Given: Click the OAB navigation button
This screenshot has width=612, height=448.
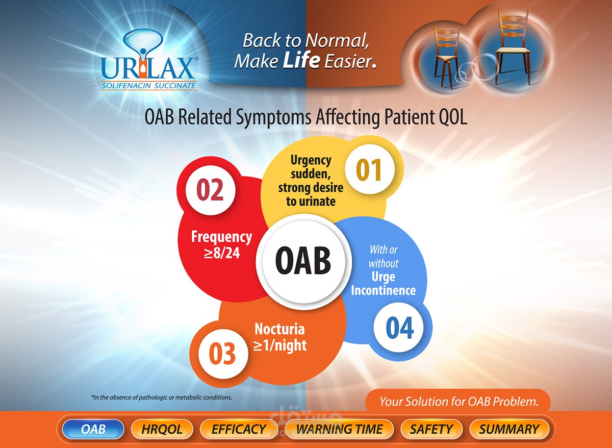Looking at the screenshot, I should click(x=93, y=429).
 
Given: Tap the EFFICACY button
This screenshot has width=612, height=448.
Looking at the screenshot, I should click(x=238, y=429).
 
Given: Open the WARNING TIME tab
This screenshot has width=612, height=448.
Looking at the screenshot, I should click(x=339, y=429).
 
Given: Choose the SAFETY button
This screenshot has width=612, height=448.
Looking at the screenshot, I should click(x=431, y=429).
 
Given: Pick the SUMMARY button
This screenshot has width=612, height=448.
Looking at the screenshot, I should click(x=508, y=429).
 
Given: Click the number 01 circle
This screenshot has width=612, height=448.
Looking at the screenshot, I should click(x=368, y=170).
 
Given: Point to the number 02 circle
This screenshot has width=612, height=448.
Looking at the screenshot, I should click(x=210, y=189).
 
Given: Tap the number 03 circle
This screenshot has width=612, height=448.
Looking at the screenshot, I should click(x=222, y=354).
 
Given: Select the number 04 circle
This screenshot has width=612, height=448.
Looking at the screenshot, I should click(x=399, y=329).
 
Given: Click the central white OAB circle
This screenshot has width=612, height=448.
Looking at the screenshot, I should click(x=303, y=260).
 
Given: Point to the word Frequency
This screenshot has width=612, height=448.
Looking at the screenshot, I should click(x=221, y=237).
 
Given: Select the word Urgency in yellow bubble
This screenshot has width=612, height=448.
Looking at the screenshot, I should click(x=311, y=160).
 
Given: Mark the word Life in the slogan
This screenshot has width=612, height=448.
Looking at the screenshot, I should click(x=302, y=61).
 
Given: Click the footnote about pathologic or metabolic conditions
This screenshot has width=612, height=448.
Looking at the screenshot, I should click(x=161, y=397).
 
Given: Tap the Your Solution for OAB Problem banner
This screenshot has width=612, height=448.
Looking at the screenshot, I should click(x=458, y=402).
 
